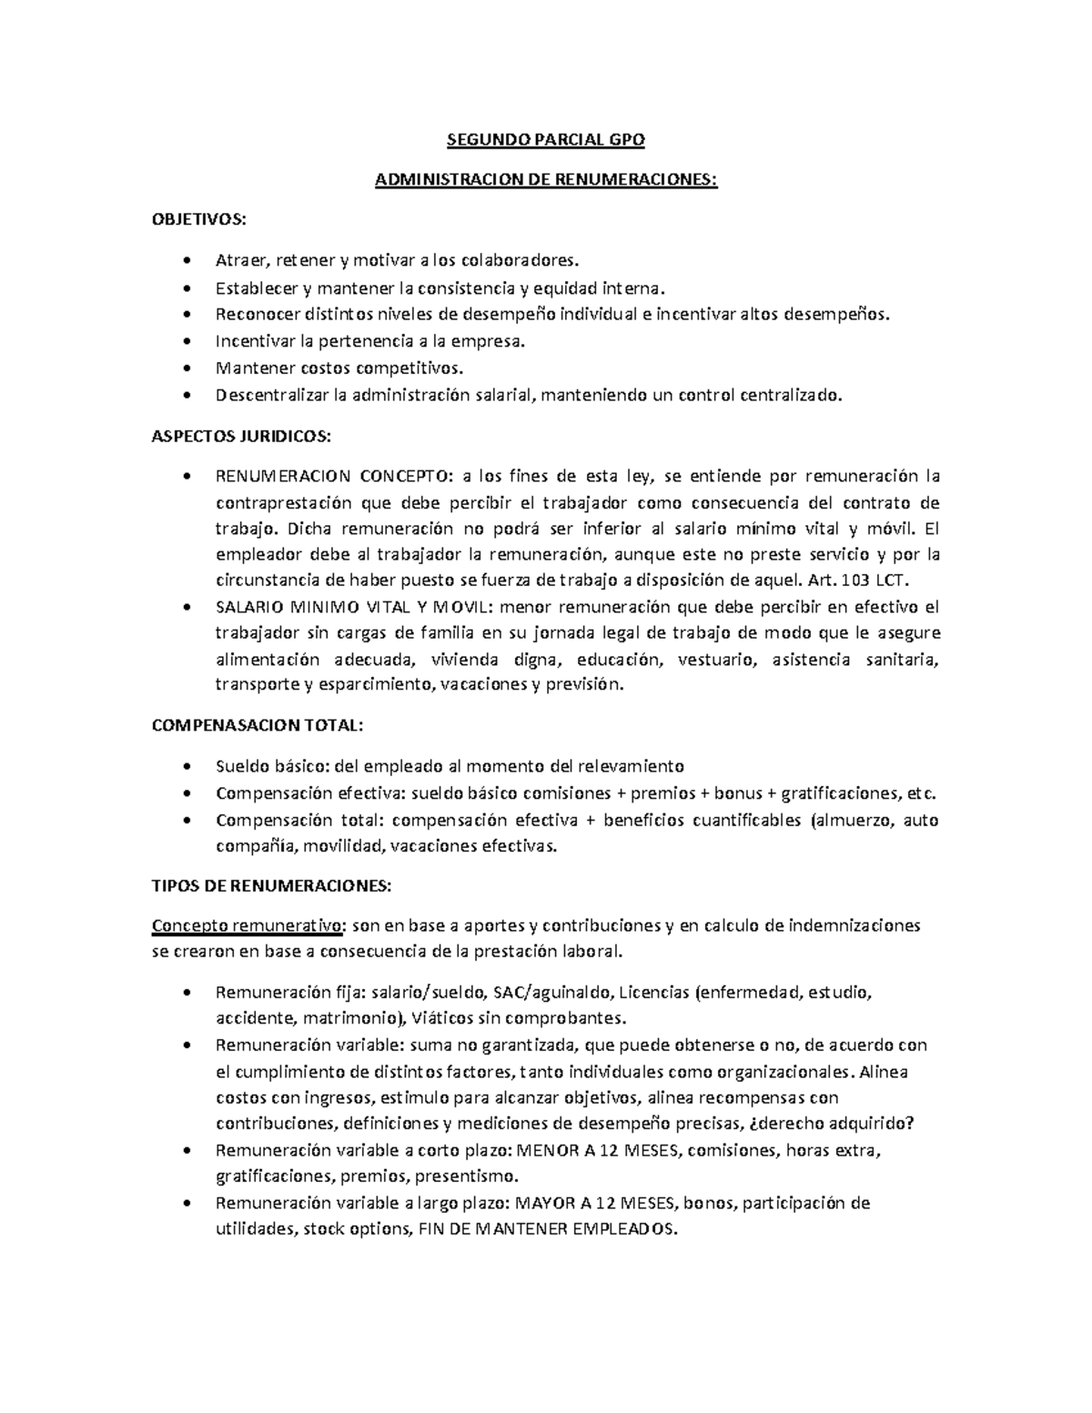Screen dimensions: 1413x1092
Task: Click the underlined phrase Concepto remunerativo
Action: coord(248,926)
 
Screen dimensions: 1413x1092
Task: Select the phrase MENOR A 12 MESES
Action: coord(598,1150)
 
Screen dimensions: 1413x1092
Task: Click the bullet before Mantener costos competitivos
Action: coord(187,368)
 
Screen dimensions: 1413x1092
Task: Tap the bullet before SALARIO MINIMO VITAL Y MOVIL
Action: coord(187,608)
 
